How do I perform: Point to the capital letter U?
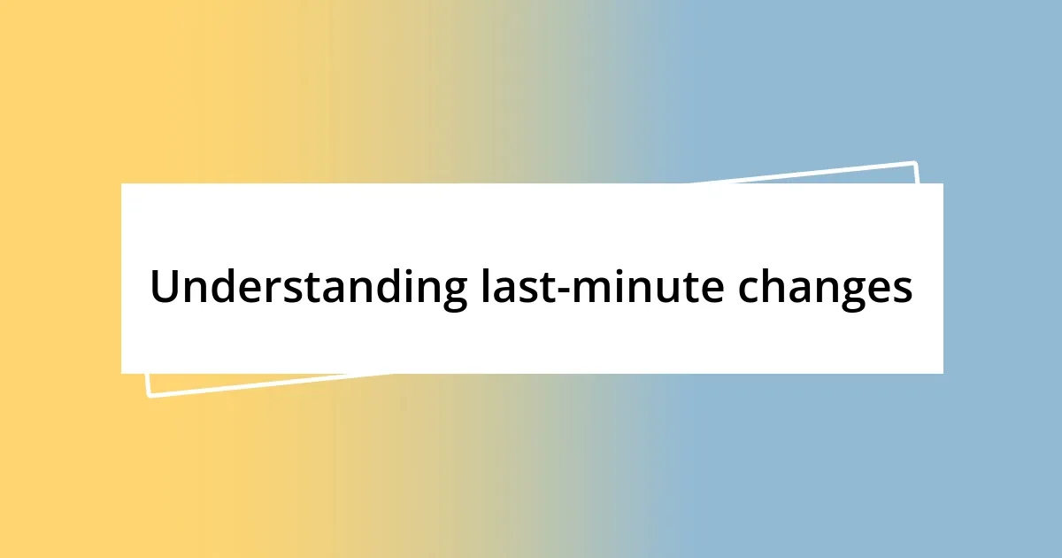pyautogui.click(x=165, y=286)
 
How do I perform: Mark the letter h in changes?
pyautogui.click(x=778, y=285)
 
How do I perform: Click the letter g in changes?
pyautogui.click(x=857, y=294)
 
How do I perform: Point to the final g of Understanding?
pyautogui.click(x=451, y=294)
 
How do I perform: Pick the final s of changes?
pyautogui.click(x=903, y=291)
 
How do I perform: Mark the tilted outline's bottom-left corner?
pyautogui.click(x=149, y=395)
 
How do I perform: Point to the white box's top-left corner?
pyautogui.click(x=122, y=184)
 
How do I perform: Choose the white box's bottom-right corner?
pyautogui.click(x=943, y=373)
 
